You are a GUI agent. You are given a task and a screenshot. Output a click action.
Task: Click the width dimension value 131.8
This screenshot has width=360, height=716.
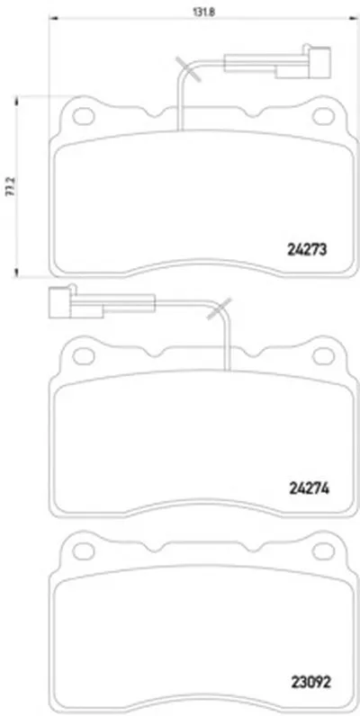[203, 12]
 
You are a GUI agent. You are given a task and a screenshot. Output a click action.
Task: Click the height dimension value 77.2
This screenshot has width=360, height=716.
[9, 186]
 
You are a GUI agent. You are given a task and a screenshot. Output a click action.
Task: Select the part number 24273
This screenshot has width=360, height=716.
[308, 249]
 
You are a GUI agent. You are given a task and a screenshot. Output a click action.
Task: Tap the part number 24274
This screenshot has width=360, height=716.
[310, 489]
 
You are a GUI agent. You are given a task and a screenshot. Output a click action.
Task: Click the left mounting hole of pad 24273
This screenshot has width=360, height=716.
[84, 116]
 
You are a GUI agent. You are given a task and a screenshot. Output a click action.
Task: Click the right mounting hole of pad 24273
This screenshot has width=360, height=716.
[323, 116]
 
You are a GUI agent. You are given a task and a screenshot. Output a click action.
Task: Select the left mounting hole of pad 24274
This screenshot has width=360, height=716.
[84, 355]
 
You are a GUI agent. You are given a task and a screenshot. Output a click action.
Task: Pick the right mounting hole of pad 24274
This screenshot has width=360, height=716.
[323, 355]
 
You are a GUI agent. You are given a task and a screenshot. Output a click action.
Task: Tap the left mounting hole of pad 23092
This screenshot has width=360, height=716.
[84, 551]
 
